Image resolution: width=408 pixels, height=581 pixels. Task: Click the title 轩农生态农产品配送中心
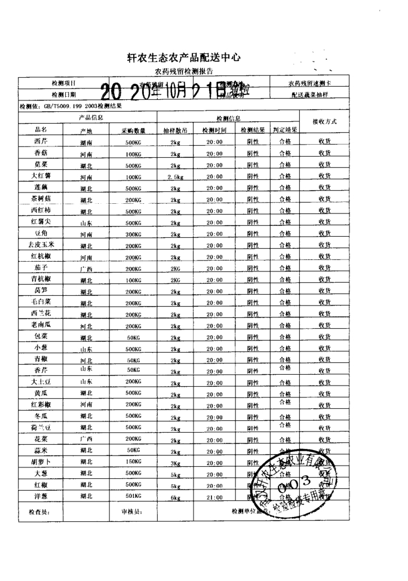click(184, 57)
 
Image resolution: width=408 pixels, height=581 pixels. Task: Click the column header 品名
click(41, 130)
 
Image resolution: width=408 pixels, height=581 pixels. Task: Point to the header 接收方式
click(325, 121)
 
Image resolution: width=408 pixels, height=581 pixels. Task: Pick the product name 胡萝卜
click(41, 461)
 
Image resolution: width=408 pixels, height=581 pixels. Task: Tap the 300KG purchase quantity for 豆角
click(133, 234)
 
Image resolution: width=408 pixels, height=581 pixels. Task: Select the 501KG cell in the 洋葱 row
click(133, 496)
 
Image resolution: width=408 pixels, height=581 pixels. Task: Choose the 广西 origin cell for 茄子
click(86, 268)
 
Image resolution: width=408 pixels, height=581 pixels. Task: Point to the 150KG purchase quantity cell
click(133, 462)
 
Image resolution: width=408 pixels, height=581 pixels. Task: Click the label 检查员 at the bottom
click(39, 512)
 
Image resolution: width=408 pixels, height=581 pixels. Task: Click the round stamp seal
click(296, 478)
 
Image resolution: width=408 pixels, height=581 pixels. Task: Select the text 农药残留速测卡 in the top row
click(309, 83)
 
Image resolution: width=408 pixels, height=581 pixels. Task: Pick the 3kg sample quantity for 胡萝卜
click(175, 463)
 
